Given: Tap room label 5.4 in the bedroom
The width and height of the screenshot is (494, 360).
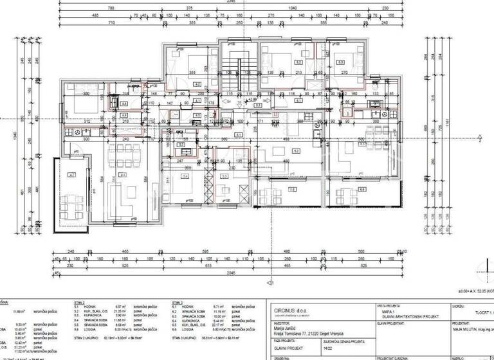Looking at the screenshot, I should pyautogui.click(x=185, y=177).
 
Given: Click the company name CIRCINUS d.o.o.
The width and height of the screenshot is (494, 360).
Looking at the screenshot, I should pyautogui.click(x=289, y=309).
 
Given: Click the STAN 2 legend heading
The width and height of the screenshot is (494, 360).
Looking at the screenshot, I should pyautogui.click(x=80, y=301).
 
